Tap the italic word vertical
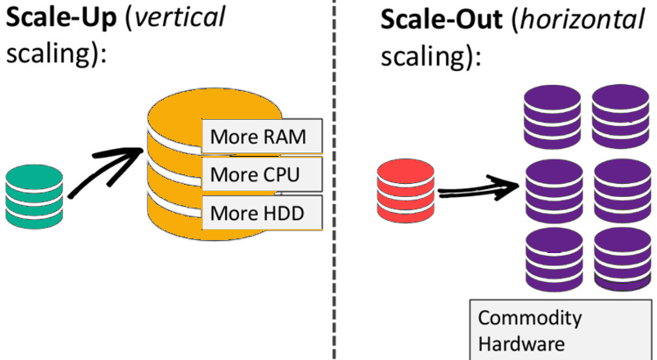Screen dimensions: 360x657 pyautogui.click(x=187, y=19)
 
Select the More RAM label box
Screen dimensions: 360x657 pyautogui.click(x=262, y=138)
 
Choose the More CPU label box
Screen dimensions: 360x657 pyautogui.click(x=262, y=174)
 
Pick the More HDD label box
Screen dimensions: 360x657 pyautogui.click(x=262, y=211)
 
